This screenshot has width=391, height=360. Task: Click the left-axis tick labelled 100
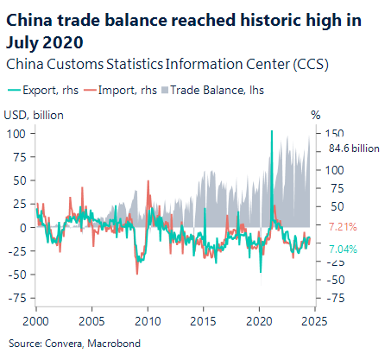(x=16, y=134)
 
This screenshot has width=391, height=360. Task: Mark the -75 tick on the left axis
(x=14, y=298)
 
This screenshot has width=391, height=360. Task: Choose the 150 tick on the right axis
(x=336, y=134)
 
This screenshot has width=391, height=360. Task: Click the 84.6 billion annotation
(x=354, y=148)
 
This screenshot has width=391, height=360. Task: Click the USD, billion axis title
(x=34, y=114)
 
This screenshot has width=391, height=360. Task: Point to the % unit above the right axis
(x=315, y=114)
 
